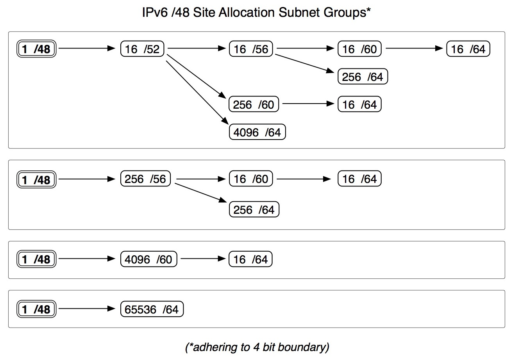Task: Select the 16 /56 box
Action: click(251, 49)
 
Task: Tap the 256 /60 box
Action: click(254, 104)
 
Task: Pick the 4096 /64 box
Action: click(257, 133)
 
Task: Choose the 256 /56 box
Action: click(146, 179)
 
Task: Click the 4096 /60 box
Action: click(149, 259)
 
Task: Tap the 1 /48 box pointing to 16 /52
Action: click(37, 49)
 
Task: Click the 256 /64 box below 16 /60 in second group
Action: click(254, 210)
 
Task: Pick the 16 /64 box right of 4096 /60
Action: click(251, 259)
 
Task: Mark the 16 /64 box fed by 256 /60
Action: click(359, 104)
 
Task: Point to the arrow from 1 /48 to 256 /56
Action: click(87, 179)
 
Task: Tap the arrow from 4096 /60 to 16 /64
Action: click(202, 259)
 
